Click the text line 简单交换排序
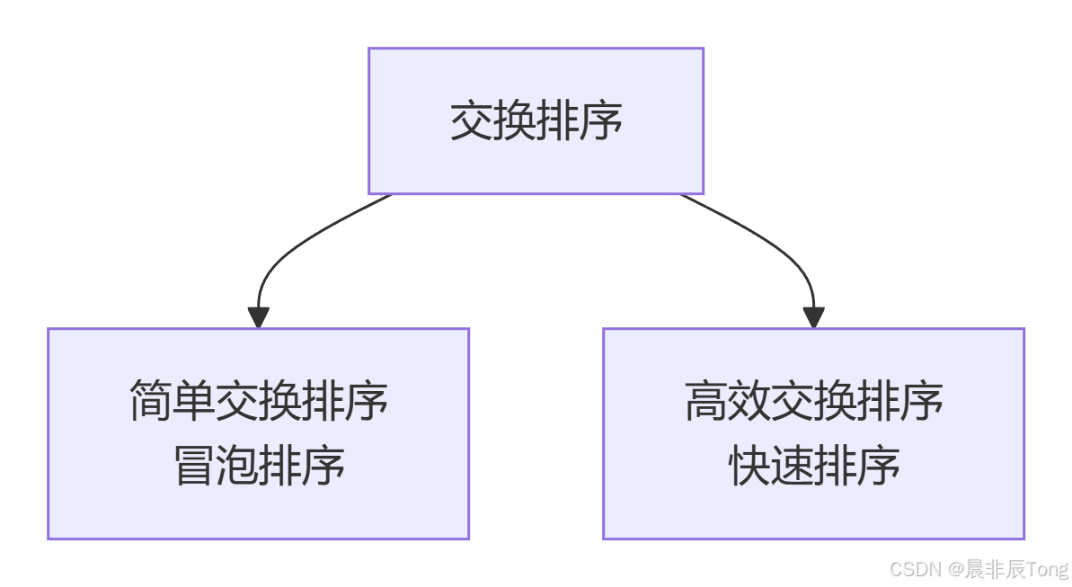pos(259,401)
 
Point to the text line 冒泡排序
pos(259,467)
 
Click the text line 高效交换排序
pos(814,401)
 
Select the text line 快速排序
pos(814,467)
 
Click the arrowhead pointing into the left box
pos(259,317)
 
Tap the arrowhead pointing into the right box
pos(814,317)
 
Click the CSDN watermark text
pos(914,569)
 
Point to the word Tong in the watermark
pos(1049,569)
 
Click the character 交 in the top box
pos(471,121)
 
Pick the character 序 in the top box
pos(601,121)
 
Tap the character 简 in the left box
pos(150,401)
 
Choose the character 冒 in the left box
pos(193,467)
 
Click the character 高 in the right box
pos(705,401)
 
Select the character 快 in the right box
pos(749,467)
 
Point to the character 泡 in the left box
pos(237,467)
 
